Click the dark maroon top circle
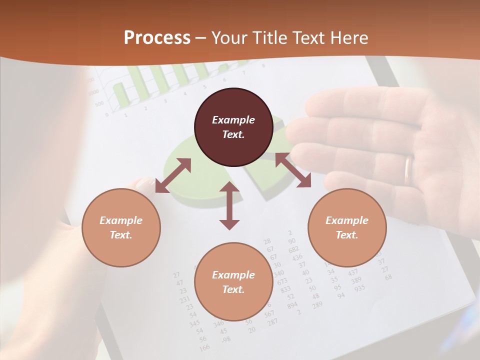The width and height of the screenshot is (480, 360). (233, 127)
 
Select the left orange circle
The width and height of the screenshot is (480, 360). (121, 227)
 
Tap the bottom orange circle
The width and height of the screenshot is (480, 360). (233, 282)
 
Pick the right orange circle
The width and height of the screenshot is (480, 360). (347, 227)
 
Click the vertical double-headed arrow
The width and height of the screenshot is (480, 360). (229, 205)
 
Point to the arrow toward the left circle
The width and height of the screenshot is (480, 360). (173, 175)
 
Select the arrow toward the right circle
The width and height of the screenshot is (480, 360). (293, 170)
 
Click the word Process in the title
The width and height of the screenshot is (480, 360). (157, 38)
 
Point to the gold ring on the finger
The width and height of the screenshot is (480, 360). (408, 170)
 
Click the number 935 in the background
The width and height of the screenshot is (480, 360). (359, 288)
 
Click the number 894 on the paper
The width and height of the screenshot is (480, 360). (292, 304)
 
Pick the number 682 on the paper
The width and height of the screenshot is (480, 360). (293, 249)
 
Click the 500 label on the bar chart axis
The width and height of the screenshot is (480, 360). (99, 104)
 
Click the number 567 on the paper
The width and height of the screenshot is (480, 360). (269, 313)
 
